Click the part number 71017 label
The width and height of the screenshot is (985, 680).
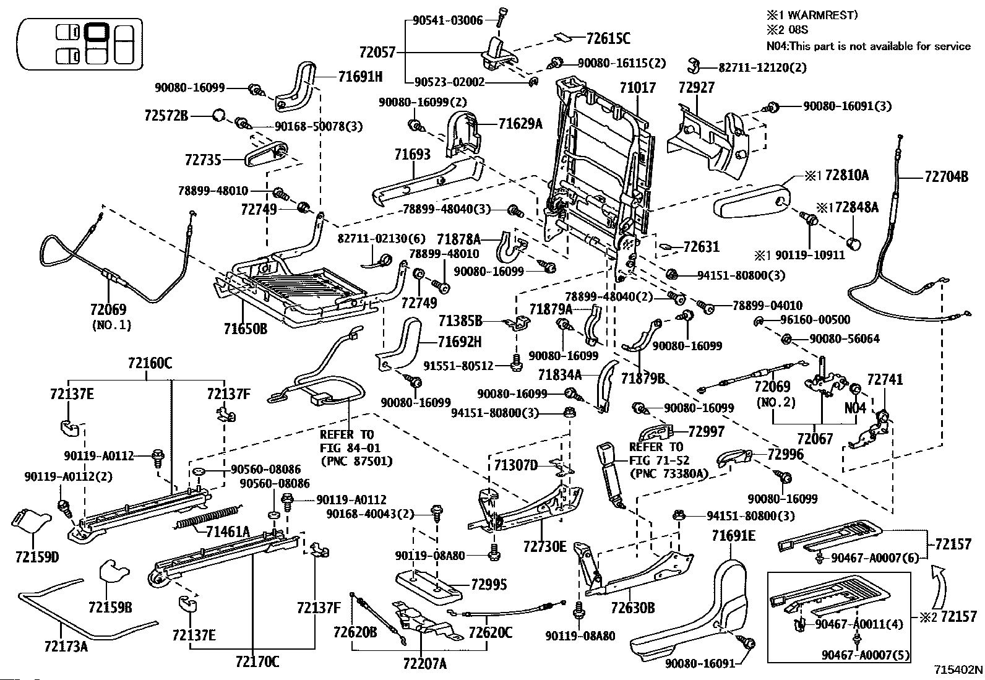point(638,88)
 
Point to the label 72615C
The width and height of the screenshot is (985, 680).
point(608,39)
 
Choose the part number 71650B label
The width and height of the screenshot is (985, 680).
point(246,328)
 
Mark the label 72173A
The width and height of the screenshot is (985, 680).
point(66,646)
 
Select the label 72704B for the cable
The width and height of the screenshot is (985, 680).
point(946,177)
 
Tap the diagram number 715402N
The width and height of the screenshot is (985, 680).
point(958,669)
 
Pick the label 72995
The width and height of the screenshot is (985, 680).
point(489,584)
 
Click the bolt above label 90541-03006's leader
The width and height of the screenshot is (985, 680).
point(500,17)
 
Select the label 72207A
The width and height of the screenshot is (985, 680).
point(425,663)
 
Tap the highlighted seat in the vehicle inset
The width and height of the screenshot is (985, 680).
point(97,32)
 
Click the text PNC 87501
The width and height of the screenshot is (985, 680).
point(356,462)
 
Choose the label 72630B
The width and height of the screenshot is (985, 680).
point(633,608)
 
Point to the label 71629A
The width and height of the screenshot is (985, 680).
point(520,124)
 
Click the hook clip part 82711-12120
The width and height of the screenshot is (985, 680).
point(694,66)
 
